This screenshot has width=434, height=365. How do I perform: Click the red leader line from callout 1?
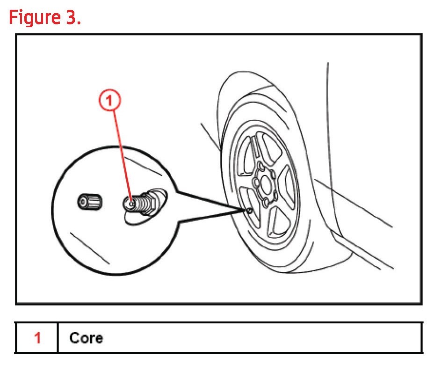click(x=121, y=154)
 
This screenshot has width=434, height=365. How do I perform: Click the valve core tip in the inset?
click(x=130, y=204)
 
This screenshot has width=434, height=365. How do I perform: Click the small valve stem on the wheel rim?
click(x=249, y=211)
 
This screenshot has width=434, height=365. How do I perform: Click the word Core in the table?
click(x=86, y=337)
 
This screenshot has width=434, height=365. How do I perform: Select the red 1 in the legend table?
click(x=37, y=337)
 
